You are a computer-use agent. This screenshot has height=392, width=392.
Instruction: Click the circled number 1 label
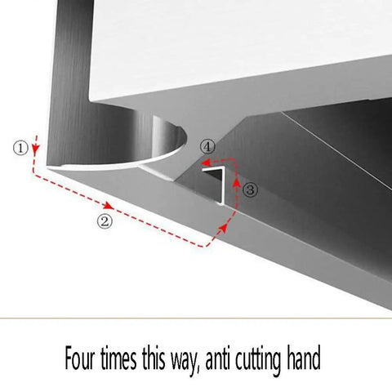(x=20, y=148)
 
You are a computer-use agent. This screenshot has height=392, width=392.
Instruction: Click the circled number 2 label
(x=105, y=221)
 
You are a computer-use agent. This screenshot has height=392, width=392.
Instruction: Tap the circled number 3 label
(x=250, y=189)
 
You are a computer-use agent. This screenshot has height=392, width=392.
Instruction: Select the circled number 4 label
(x=207, y=147)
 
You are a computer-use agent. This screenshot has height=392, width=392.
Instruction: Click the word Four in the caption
(x=80, y=357)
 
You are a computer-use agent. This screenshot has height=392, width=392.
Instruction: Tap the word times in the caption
(x=118, y=358)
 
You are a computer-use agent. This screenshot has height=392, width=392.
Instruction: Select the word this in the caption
(x=154, y=357)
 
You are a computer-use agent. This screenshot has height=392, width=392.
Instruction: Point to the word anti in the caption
(x=217, y=358)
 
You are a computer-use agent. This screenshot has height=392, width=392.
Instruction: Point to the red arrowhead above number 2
(x=109, y=206)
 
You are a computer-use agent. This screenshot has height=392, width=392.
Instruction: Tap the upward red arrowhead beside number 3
(x=238, y=181)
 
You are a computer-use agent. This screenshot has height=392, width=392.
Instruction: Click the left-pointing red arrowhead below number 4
(x=206, y=163)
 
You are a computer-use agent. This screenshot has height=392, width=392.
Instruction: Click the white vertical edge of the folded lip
(x=223, y=186)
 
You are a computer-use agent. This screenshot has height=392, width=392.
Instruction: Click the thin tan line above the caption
(x=196, y=318)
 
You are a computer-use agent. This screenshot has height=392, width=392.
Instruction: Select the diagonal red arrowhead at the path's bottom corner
(x=223, y=229)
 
